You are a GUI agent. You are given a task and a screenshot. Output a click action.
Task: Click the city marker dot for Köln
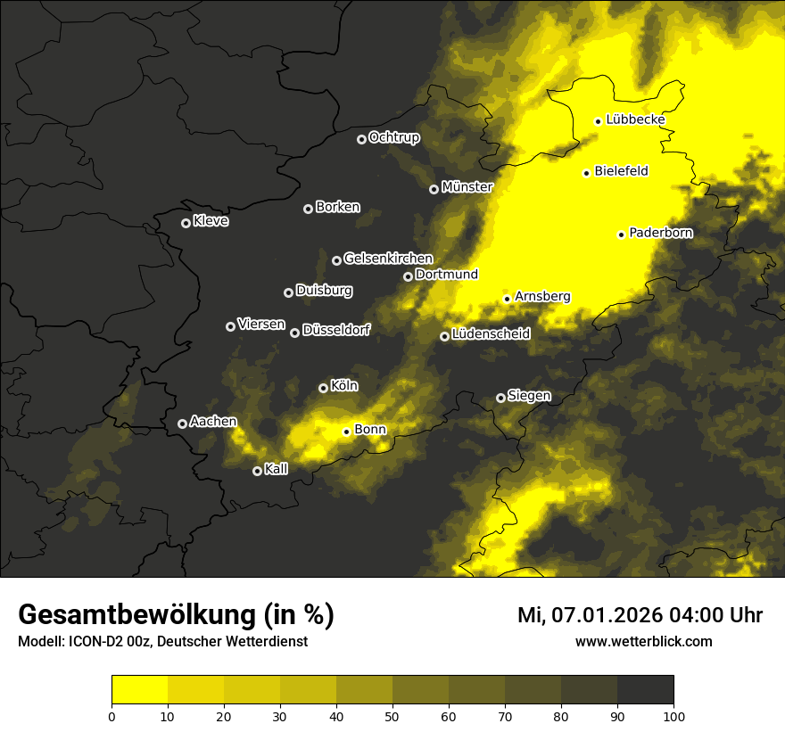click(x=323, y=388)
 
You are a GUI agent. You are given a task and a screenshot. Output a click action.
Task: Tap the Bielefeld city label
click(x=621, y=171)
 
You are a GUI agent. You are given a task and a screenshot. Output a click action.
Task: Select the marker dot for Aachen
click(x=182, y=423)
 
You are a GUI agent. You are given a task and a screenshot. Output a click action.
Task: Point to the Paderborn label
click(x=660, y=233)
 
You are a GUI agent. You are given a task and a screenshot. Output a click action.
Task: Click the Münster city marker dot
click(x=434, y=189)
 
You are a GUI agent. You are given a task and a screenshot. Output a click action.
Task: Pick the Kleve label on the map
click(x=211, y=221)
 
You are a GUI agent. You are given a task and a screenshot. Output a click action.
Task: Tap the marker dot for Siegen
click(x=500, y=398)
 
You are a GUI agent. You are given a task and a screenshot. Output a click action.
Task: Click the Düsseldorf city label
click(x=335, y=330)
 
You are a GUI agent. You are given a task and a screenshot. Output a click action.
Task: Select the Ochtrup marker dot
click(x=361, y=139)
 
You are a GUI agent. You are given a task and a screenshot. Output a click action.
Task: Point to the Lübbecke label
click(x=635, y=119)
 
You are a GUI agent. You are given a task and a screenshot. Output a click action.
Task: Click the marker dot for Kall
click(x=257, y=471)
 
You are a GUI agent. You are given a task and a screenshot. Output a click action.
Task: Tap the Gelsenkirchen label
click(x=388, y=259)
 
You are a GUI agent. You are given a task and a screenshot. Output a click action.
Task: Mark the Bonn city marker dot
click(x=346, y=432)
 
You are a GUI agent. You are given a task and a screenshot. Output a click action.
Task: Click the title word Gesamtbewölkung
click(x=134, y=615)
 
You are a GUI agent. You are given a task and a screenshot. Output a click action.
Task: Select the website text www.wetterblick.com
click(x=643, y=642)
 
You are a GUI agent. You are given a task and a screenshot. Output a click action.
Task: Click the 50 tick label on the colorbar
click(x=392, y=715)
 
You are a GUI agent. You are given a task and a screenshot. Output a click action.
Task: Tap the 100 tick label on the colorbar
click(x=673, y=715)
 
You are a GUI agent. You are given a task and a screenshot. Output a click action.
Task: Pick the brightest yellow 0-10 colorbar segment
click(x=140, y=690)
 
